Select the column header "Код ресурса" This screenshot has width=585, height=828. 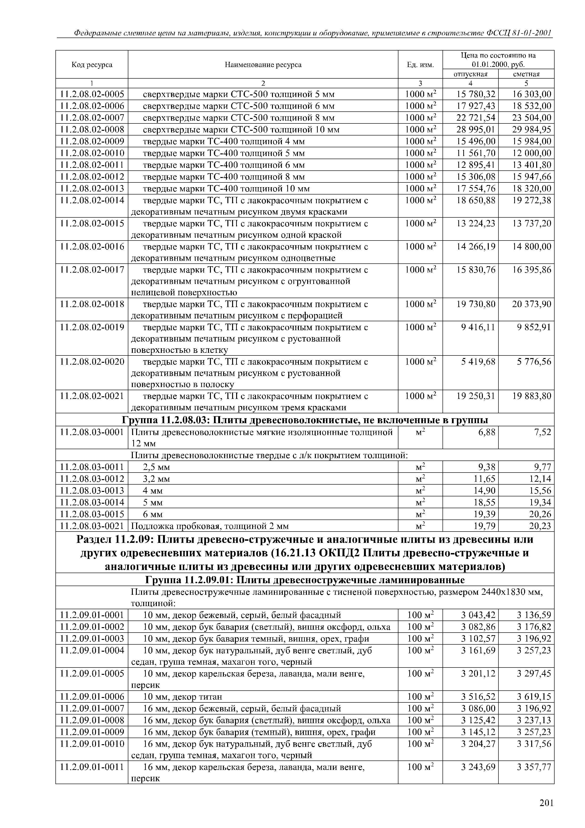(x=92, y=65)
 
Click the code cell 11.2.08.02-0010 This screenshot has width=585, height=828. (x=92, y=153)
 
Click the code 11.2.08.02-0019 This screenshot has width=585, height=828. (x=92, y=327)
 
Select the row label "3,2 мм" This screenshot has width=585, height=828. (x=156, y=479)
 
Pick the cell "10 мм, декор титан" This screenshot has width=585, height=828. (x=182, y=697)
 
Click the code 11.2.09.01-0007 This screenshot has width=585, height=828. (x=92, y=709)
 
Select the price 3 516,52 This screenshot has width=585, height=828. (x=478, y=697)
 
